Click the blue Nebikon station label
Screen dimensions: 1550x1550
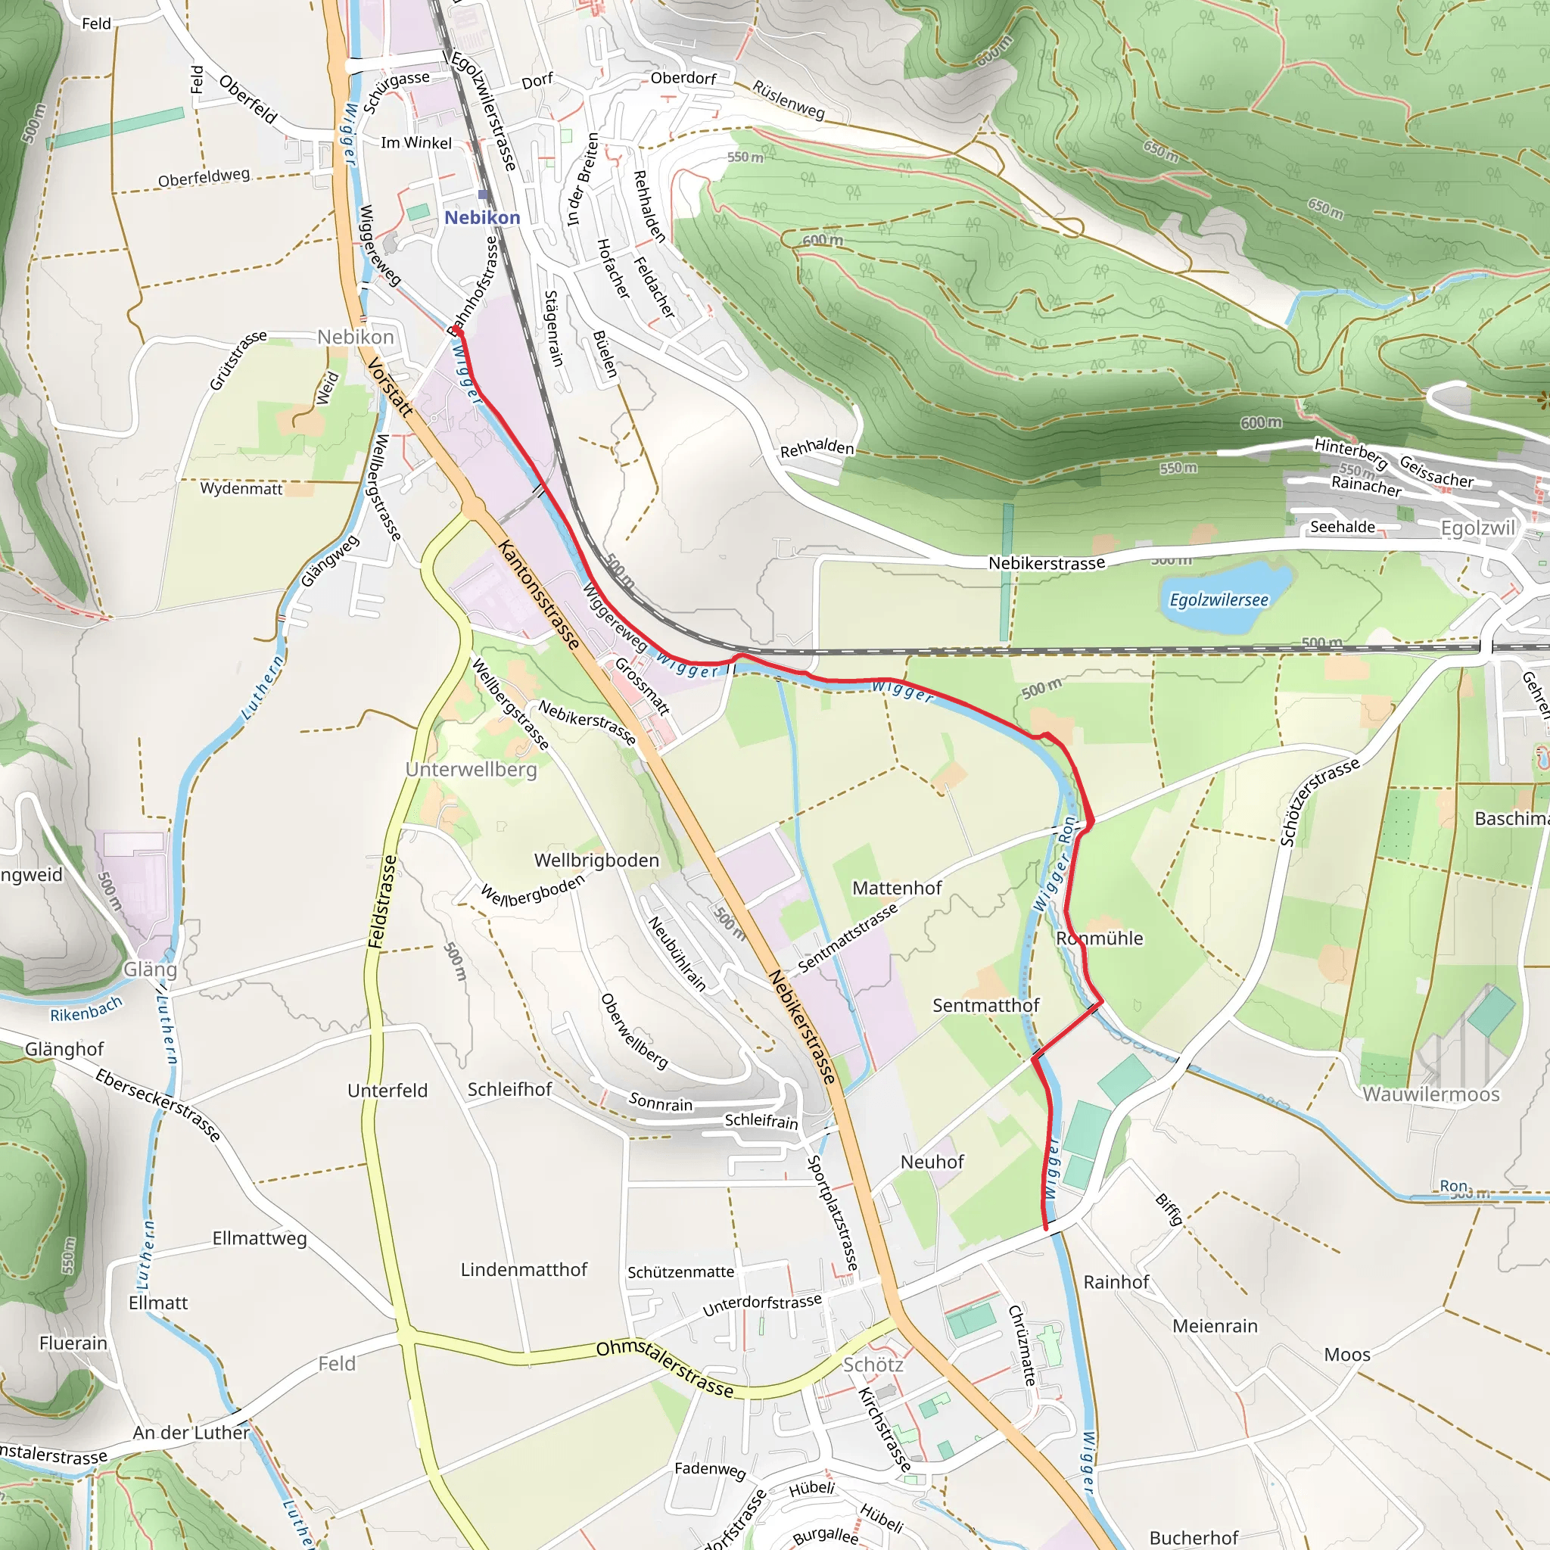pyautogui.click(x=482, y=217)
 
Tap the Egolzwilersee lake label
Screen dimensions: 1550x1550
pyautogui.click(x=1219, y=600)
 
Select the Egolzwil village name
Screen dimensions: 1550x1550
pyautogui.click(x=1478, y=528)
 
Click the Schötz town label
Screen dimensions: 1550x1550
pyautogui.click(x=873, y=1365)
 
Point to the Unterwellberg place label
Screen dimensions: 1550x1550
pyautogui.click(x=471, y=770)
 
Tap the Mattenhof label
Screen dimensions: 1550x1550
pyautogui.click(x=896, y=888)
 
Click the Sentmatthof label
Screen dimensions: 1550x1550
pyautogui.click(x=985, y=1005)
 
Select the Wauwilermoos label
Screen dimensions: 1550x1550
pyautogui.click(x=1430, y=1094)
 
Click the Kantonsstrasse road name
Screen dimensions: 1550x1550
pyautogui.click(x=538, y=594)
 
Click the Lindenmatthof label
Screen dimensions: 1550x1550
pyautogui.click(x=524, y=1269)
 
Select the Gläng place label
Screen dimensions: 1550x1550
pyautogui.click(x=149, y=970)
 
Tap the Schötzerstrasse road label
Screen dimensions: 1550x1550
pyautogui.click(x=1319, y=801)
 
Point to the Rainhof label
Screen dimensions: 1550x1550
pyautogui.click(x=1116, y=1282)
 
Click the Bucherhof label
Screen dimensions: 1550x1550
pyautogui.click(x=1194, y=1537)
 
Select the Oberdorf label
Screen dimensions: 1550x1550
pyautogui.click(x=683, y=78)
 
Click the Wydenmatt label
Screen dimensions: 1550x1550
pyautogui.click(x=241, y=488)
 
